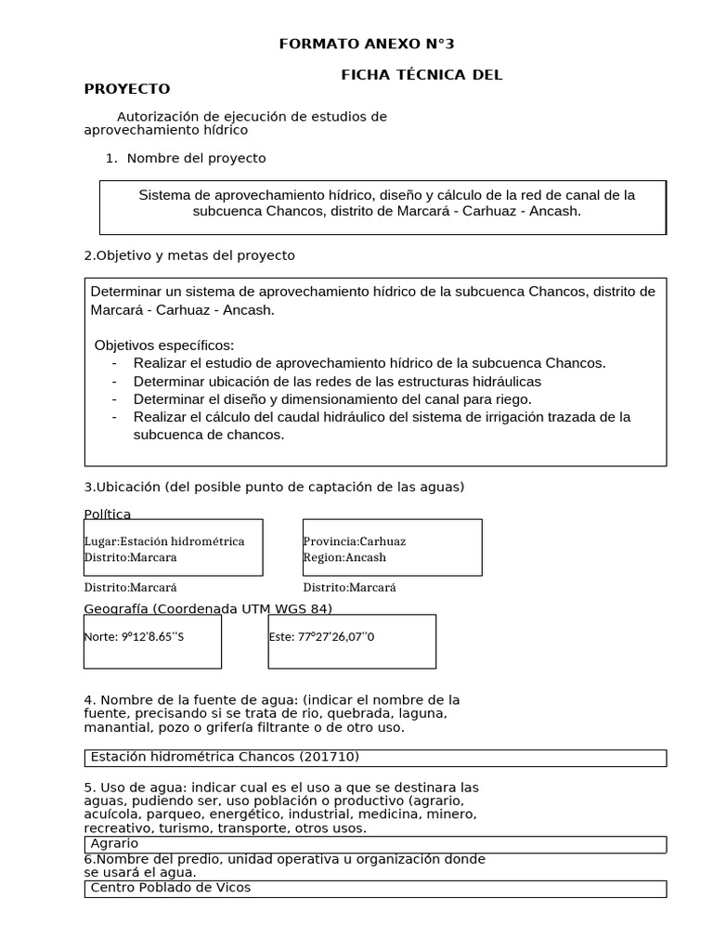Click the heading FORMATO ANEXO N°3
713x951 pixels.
368,44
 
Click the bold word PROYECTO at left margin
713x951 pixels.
127,89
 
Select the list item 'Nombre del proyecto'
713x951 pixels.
196,158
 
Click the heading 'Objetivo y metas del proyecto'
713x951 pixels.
189,254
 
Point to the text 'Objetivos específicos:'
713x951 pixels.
164,345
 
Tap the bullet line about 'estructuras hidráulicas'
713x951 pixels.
337,381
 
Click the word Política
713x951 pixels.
108,514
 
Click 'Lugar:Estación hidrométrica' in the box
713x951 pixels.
164,541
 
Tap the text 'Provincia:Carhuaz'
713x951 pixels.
355,541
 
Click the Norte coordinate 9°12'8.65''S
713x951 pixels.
134,637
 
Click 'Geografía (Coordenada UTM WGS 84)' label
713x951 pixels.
208,608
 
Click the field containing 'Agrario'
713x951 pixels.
374,843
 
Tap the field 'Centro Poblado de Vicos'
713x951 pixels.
374,888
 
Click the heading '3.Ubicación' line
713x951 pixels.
274,487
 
